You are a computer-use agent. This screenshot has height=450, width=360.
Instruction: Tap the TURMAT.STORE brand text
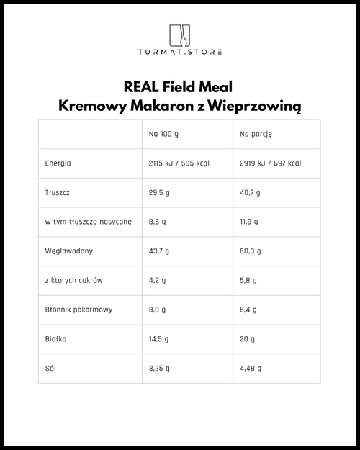tap(180, 52)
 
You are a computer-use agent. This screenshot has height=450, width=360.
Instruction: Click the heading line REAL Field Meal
tap(180, 88)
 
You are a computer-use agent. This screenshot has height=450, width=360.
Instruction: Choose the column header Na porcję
tap(256, 135)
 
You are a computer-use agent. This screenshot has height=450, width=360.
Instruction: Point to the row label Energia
tap(58, 163)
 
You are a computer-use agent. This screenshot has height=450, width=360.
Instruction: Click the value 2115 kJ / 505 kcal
tap(179, 163)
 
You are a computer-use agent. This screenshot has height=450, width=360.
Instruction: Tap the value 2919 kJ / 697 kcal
tap(270, 163)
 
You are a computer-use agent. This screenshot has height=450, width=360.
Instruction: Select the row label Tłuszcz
tap(57, 193)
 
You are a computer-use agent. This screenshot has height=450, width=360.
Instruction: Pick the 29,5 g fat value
tap(158, 193)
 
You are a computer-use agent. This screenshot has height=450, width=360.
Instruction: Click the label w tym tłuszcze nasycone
tap(88, 222)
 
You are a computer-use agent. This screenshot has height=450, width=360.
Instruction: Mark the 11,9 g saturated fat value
tap(250, 222)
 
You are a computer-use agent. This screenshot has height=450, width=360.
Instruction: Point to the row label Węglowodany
tap(68, 251)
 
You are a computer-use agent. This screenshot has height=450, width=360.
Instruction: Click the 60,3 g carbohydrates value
tap(251, 251)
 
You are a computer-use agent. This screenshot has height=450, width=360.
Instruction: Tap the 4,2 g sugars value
tap(157, 280)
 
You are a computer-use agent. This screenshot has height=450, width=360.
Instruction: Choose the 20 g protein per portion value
tap(248, 338)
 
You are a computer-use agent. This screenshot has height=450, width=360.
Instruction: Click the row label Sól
tap(50, 368)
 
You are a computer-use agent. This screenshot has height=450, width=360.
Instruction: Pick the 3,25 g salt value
tap(159, 368)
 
